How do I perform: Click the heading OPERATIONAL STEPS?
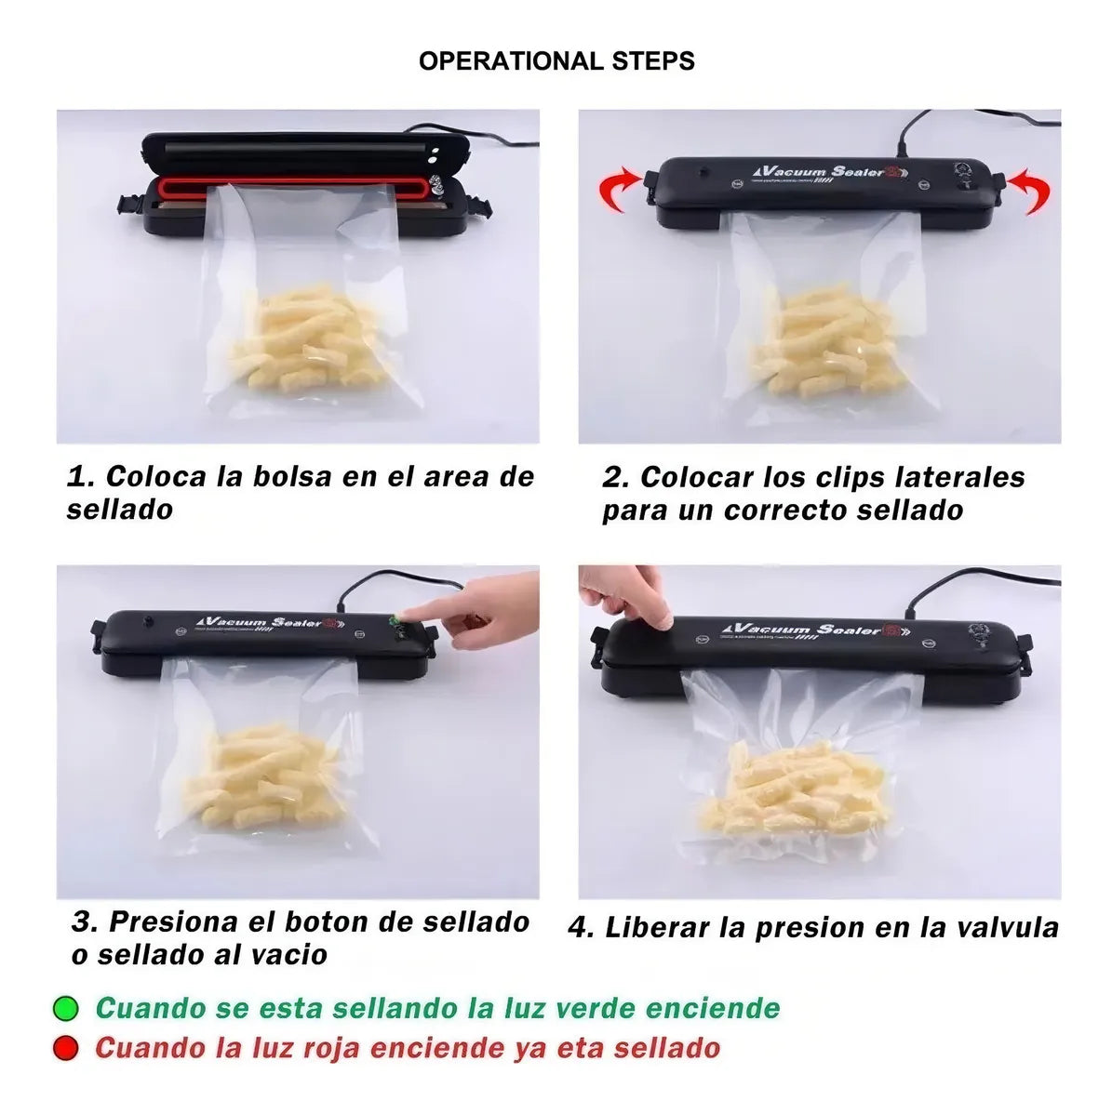click(x=556, y=61)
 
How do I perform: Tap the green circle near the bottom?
click(x=66, y=1009)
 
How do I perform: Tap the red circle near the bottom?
click(x=66, y=1049)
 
